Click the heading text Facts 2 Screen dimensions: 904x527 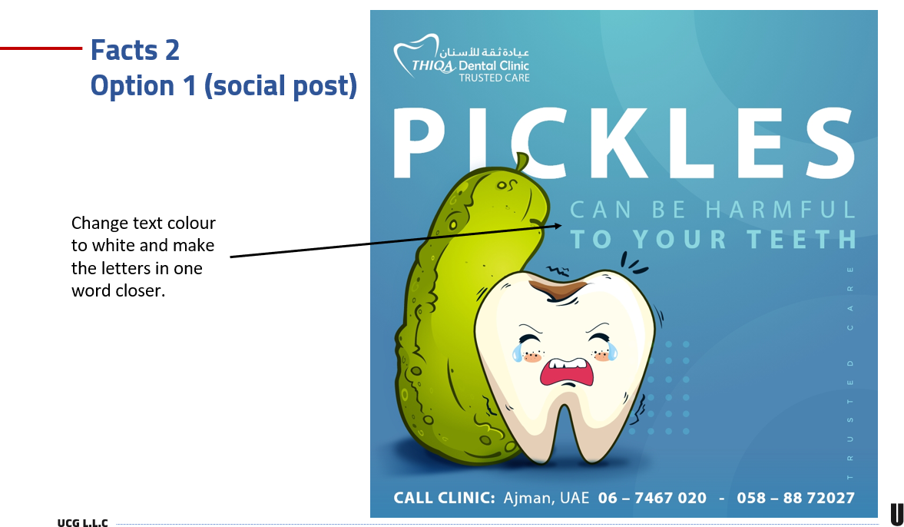(135, 50)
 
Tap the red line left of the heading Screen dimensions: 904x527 (41, 48)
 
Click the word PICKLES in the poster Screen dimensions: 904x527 (624, 143)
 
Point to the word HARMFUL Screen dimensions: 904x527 (781, 210)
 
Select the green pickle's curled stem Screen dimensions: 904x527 (522, 161)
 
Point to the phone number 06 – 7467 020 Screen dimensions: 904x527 (652, 498)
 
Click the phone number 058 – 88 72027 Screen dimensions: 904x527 (796, 498)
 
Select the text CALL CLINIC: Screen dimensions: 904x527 (444, 498)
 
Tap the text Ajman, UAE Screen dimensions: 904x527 (547, 498)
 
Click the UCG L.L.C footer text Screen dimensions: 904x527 (82, 522)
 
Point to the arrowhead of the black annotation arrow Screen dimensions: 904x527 (558, 226)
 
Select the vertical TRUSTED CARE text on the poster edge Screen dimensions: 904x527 (849, 373)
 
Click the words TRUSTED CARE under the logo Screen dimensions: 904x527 (494, 78)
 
